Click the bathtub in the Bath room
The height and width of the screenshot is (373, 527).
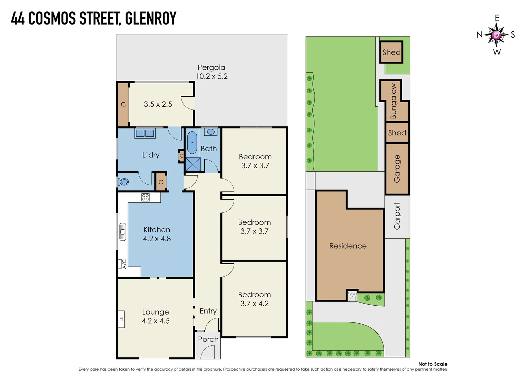192,143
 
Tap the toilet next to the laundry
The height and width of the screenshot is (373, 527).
124,182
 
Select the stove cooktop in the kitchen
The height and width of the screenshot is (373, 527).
146,197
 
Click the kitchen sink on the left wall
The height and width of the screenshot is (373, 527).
123,232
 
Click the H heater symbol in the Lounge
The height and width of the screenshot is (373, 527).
121,319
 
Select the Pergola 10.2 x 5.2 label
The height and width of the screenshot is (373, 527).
212,72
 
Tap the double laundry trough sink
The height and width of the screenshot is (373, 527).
145,133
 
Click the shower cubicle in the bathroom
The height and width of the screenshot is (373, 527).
193,164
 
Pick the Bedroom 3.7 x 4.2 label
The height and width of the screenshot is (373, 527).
255,299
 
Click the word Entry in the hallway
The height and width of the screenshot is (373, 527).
208,311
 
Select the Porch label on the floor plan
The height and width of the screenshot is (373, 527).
208,339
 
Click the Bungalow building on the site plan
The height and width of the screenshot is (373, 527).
393,101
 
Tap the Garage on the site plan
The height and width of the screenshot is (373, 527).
397,169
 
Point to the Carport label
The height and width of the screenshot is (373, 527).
397,216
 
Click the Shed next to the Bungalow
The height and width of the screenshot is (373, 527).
397,133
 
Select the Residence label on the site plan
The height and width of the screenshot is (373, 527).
348,246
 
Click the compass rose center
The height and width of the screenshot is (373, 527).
496,35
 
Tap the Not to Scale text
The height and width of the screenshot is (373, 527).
432,364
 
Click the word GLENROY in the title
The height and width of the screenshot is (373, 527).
150,18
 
